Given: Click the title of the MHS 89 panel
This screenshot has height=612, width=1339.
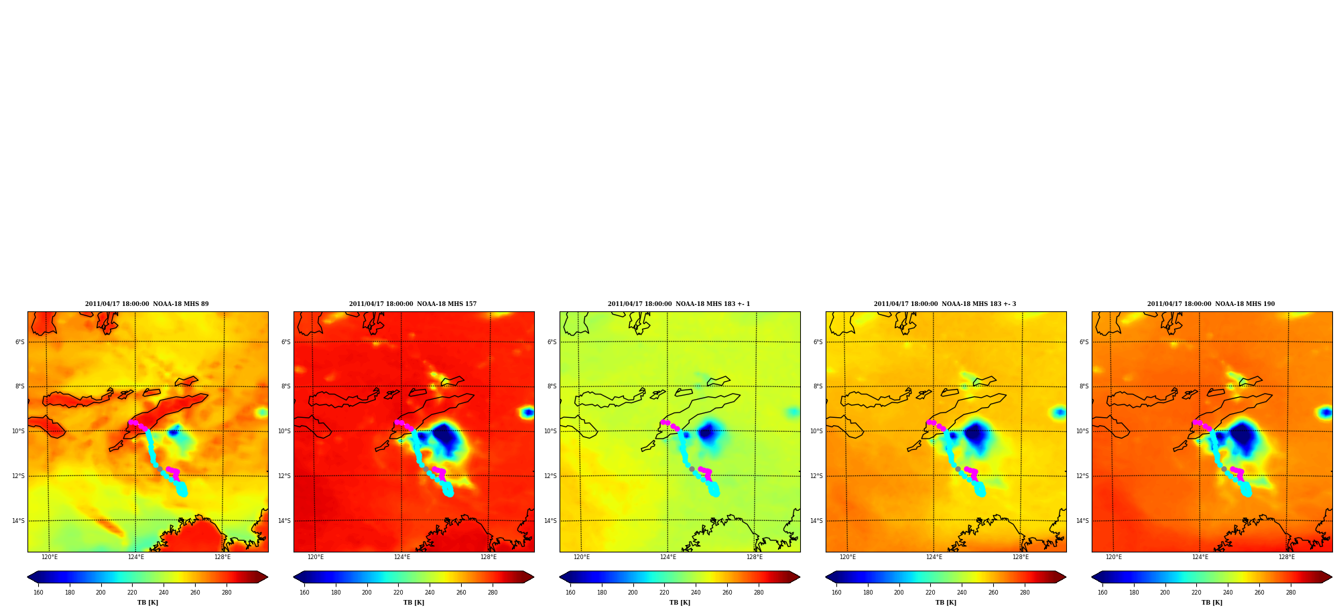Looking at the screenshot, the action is coord(147,304).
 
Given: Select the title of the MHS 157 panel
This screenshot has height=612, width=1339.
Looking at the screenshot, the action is coord(413,304).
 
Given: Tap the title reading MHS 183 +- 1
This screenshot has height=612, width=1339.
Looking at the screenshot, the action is coord(679,304).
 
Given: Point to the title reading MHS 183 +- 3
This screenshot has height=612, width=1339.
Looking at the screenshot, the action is coord(945,304).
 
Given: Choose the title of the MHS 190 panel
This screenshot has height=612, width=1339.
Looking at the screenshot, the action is coord(1211,304).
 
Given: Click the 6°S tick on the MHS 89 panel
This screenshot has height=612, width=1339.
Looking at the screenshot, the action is coord(20,342).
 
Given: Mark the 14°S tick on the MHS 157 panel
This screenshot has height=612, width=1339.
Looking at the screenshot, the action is coord(285,521).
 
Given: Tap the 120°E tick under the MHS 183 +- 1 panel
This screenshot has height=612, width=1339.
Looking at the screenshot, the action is coord(582,557).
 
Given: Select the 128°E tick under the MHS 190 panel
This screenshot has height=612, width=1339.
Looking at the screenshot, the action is coord(1287,557).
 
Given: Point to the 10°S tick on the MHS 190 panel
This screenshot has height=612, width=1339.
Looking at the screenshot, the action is coord(1083,431).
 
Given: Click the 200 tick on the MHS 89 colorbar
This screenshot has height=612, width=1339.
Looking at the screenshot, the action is coord(101,593).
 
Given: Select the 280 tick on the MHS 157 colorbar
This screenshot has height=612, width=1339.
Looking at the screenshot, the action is coord(493,593).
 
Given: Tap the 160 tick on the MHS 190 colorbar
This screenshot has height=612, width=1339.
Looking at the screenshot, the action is coord(1102,593).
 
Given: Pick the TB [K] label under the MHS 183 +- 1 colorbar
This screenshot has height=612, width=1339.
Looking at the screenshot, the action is coord(680,603).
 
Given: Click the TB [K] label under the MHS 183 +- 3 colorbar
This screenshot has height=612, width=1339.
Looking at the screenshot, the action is coord(946,603).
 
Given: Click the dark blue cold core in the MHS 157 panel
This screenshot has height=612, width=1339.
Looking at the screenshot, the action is coord(446,437).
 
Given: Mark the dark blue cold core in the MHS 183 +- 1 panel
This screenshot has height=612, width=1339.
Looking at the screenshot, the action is coord(706,433).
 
